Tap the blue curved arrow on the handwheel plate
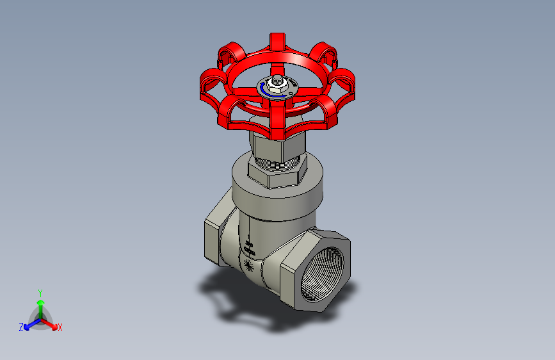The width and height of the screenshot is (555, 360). [264, 93]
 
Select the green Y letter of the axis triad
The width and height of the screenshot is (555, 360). [40, 291]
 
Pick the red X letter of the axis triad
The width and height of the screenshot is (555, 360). [60, 328]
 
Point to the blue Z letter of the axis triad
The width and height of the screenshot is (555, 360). [21, 327]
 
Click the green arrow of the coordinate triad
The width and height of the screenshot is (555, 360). [40, 302]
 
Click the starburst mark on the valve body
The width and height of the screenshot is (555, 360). [249, 266]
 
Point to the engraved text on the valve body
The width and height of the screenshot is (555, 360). [250, 248]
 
